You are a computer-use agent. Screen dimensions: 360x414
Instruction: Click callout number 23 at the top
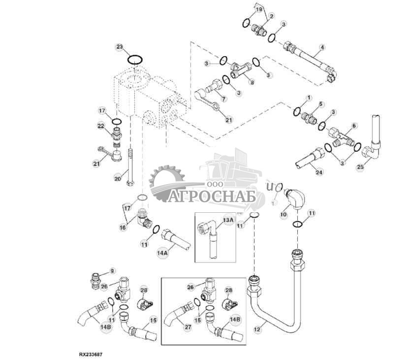[x=120, y=47]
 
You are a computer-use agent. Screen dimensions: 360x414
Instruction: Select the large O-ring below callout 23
[x=135, y=60]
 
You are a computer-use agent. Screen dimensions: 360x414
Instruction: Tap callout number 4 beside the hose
[x=322, y=48]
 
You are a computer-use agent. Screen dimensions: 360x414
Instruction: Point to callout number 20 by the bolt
[x=117, y=179]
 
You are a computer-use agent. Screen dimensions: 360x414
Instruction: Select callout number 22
[x=100, y=127]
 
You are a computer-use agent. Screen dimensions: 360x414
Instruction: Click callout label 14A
[x=162, y=253]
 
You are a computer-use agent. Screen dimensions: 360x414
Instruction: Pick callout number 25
[x=360, y=167]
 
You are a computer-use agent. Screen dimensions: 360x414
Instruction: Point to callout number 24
[x=319, y=172]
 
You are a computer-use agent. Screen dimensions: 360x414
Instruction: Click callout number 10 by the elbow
[x=284, y=214]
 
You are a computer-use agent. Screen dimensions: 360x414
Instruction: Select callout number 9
[x=112, y=270]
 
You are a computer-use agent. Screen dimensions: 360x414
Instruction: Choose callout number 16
[x=123, y=228]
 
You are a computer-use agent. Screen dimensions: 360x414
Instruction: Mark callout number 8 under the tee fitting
[x=252, y=83]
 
